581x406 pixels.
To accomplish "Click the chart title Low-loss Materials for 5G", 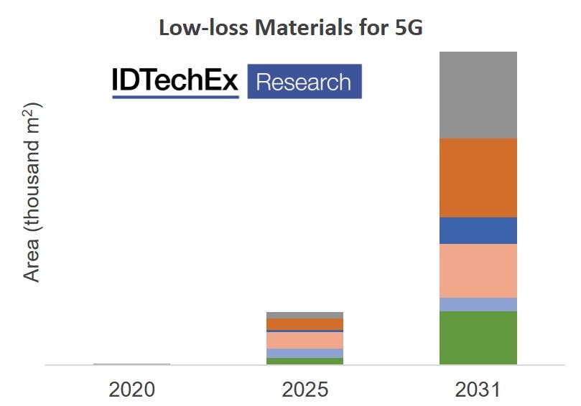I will [290, 28].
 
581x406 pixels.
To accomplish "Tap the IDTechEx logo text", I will [175, 82].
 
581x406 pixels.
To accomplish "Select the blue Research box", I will [304, 82].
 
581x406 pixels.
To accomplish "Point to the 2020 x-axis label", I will [132, 390].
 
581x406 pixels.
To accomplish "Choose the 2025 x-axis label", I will [305, 390].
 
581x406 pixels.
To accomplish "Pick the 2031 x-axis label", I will [478, 390].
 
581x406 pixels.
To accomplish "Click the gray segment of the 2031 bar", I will [478, 95].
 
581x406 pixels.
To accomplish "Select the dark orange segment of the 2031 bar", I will [478, 177].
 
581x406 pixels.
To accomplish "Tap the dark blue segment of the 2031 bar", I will [478, 230].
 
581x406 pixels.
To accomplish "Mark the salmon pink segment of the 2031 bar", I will [478, 270].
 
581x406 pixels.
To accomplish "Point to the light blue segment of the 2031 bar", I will [478, 304].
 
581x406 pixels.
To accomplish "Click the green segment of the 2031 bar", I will [478, 337].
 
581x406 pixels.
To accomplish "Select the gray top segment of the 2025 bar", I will [305, 315].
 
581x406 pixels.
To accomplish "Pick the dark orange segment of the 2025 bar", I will [305, 324].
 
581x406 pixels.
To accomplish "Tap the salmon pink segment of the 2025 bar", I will [305, 340].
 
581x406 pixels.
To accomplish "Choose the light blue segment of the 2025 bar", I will [305, 353].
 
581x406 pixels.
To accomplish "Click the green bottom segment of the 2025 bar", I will [305, 361].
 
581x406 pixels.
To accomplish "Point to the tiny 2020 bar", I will [132, 364].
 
